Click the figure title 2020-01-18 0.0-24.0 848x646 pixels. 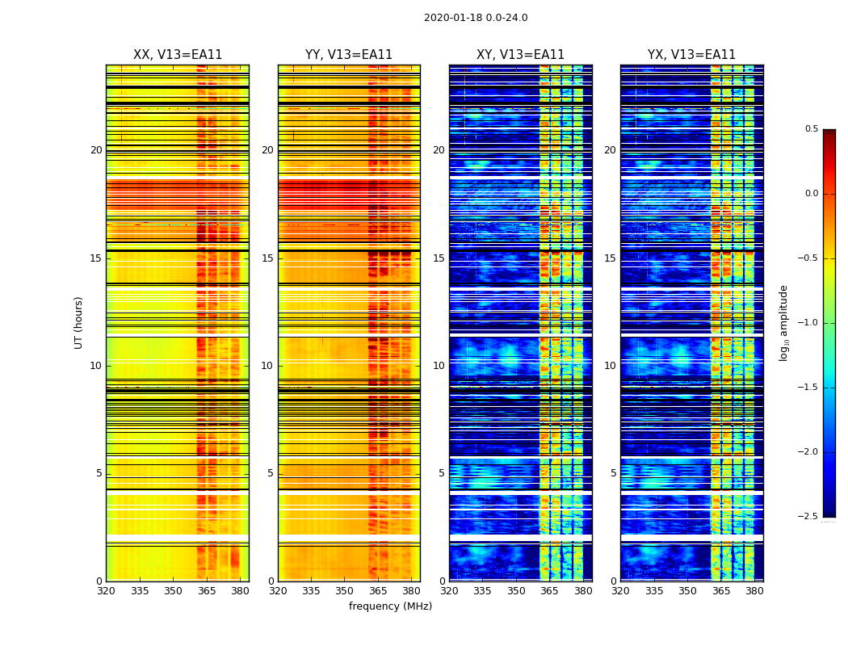[476, 18]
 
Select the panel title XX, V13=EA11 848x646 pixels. [178, 55]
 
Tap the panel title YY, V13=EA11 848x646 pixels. [349, 55]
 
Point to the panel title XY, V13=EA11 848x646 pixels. [520, 55]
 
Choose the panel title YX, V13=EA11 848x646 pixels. [691, 55]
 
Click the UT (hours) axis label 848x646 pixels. [79, 322]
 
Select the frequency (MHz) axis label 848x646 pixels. [390, 606]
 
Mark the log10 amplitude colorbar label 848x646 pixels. [784, 322]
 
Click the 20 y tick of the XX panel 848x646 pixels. [96, 150]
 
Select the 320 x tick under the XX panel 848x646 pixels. [106, 591]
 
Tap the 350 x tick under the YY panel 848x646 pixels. [345, 591]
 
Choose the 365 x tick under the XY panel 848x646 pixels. [549, 591]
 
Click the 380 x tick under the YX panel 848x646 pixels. [754, 591]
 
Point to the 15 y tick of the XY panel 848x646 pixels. [439, 258]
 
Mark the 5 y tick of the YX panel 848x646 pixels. [613, 473]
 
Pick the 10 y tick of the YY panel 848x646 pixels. [267, 366]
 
